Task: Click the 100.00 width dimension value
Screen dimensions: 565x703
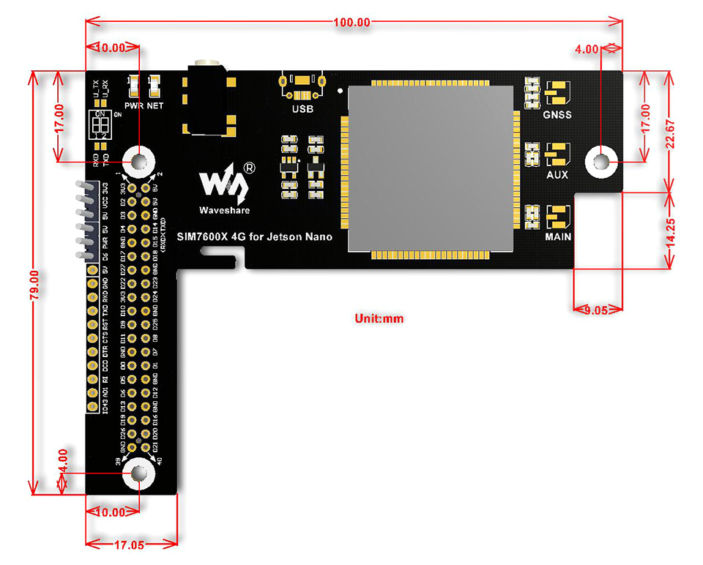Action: pyautogui.click(x=351, y=22)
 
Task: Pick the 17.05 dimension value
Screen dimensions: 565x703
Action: pyautogui.click(x=133, y=544)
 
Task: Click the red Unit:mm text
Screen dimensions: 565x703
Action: pyautogui.click(x=379, y=318)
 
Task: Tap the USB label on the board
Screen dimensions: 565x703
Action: pyautogui.click(x=302, y=110)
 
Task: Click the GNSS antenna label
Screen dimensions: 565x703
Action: pyautogui.click(x=557, y=115)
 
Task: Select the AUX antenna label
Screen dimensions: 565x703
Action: pyautogui.click(x=557, y=176)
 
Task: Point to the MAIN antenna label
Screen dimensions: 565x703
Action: pyautogui.click(x=557, y=237)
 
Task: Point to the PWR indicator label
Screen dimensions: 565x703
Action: pyautogui.click(x=133, y=105)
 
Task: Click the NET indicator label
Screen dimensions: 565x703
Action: pyautogui.click(x=155, y=105)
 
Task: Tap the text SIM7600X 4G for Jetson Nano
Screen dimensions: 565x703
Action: pyautogui.click(x=254, y=236)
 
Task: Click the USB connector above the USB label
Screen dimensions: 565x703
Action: pyautogui.click(x=302, y=86)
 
